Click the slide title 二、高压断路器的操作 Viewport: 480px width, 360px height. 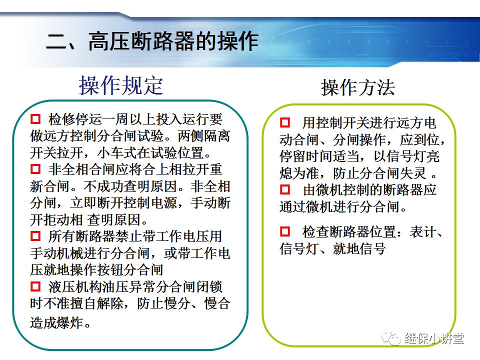tap(152, 42)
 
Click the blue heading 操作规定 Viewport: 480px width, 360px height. tap(121, 86)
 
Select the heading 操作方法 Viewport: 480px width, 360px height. tap(357, 88)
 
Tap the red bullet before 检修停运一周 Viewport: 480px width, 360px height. tap(35, 119)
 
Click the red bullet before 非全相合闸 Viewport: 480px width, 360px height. tap(35, 168)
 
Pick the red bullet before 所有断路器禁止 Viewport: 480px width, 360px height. tap(35, 235)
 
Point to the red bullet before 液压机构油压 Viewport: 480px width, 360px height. tap(35, 286)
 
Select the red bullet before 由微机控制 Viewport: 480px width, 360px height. tap(285, 190)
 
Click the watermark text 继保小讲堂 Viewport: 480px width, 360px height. tap(434, 338)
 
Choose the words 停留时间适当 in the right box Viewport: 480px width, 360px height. tap(319, 156)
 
